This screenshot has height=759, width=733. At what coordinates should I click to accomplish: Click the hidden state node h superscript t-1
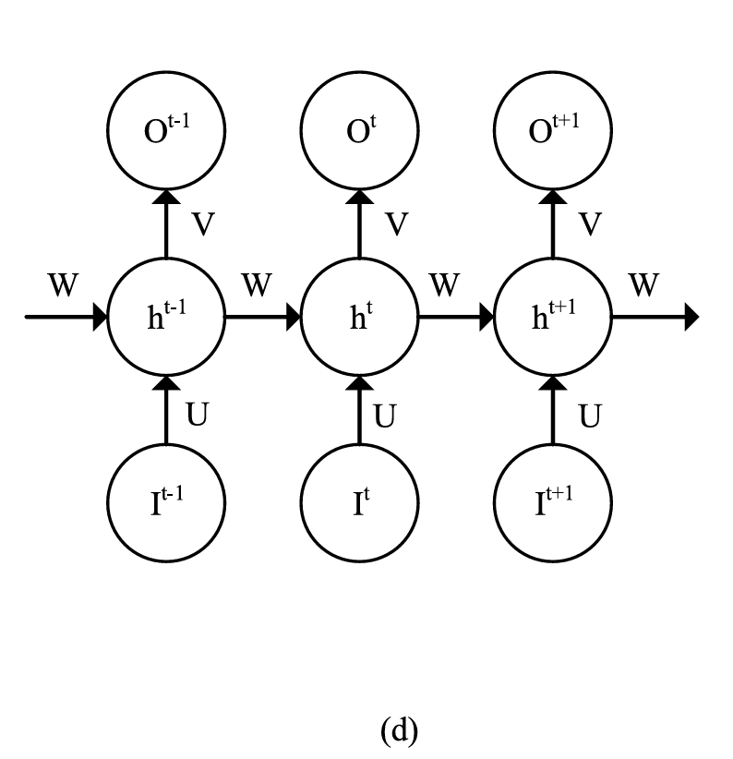pyautogui.click(x=166, y=317)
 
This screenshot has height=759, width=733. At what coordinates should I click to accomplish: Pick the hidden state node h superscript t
pyautogui.click(x=360, y=317)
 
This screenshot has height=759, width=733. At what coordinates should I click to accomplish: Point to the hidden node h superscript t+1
pyautogui.click(x=553, y=317)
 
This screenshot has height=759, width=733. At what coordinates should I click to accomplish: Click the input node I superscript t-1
pyautogui.click(x=166, y=503)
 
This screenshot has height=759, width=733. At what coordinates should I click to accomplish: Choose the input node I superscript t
pyautogui.click(x=360, y=503)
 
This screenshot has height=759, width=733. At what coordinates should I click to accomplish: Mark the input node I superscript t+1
pyautogui.click(x=553, y=503)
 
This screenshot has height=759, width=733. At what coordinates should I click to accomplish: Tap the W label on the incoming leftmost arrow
pyautogui.click(x=63, y=286)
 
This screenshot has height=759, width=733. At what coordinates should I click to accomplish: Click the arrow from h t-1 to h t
pyautogui.click(x=263, y=318)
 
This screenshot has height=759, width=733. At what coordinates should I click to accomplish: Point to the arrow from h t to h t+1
pyautogui.click(x=456, y=318)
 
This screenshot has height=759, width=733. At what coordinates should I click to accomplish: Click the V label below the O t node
pyautogui.click(x=396, y=223)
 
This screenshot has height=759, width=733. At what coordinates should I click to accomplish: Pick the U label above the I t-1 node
pyautogui.click(x=198, y=416)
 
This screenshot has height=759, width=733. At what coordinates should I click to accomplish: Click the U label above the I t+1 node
pyautogui.click(x=589, y=416)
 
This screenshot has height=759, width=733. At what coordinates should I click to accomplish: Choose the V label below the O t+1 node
pyautogui.click(x=589, y=223)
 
